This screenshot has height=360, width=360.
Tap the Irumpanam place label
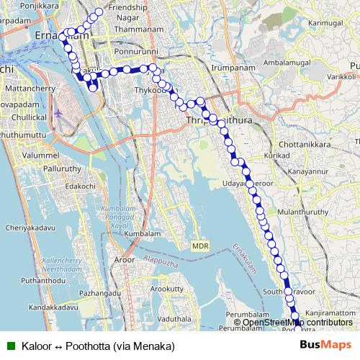tap(230, 67)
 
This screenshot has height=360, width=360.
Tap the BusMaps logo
tap(326, 346)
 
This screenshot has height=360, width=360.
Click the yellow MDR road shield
tap(200, 246)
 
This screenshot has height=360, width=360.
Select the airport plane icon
tap(59, 112)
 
